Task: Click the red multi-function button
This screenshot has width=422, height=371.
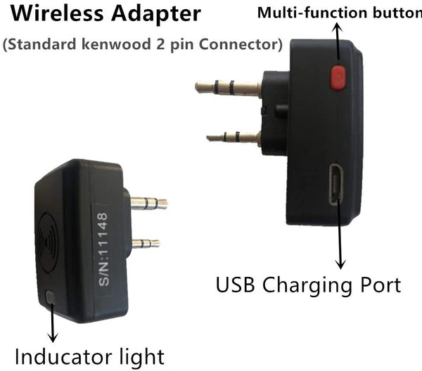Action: point(338,77)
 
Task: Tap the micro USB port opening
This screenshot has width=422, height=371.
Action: point(336,184)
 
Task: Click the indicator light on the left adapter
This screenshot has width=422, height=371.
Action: point(51,297)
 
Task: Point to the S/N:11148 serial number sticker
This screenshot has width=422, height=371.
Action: point(103,249)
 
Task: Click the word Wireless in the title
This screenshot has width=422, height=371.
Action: point(57,13)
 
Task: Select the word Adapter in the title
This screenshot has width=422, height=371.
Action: point(156,14)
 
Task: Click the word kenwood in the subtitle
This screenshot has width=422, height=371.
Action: point(116,44)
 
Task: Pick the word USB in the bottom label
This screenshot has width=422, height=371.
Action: point(235,285)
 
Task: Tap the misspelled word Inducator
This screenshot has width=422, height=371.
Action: point(63,356)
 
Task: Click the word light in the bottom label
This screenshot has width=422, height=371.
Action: point(142,358)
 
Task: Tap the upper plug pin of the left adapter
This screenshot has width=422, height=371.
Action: point(149,203)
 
